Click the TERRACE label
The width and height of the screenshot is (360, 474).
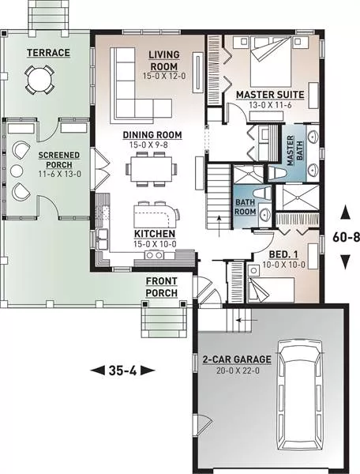48,53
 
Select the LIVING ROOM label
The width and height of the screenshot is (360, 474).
164,61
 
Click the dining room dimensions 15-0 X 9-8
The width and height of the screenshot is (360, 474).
148,145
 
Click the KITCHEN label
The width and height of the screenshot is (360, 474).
155,234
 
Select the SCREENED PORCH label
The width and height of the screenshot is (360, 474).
59,160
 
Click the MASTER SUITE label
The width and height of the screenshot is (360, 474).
270,95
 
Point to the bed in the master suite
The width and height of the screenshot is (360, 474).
271,62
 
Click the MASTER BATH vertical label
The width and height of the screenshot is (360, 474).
295,151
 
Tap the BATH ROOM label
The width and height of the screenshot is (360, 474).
246,207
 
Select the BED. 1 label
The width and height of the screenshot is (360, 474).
283,254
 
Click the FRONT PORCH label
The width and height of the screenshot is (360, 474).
162,287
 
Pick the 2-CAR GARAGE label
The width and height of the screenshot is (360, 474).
237,359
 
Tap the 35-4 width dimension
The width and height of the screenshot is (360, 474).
122,370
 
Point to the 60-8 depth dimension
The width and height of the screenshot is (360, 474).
346,237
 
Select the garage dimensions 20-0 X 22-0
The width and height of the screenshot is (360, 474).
238,371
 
